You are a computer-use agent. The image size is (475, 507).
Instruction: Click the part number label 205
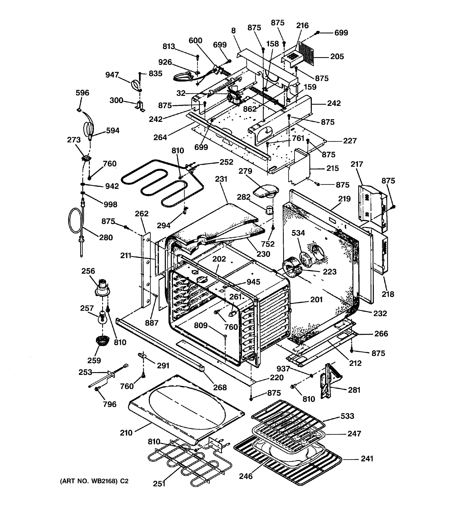tap(337, 56)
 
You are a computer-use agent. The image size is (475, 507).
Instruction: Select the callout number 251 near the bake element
tap(159, 484)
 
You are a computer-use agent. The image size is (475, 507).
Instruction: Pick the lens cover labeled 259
tap(102, 341)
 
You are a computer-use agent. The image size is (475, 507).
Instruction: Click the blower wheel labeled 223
tap(291, 270)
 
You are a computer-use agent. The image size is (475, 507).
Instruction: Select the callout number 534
tap(298, 233)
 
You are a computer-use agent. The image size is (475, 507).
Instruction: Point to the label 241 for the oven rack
tap(367, 459)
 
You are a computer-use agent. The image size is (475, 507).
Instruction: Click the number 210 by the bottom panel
tap(126, 432)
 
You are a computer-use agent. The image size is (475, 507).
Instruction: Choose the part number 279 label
tap(245, 171)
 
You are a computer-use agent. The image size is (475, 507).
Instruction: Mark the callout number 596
tap(82, 93)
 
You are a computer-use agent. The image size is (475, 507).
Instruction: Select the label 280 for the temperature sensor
tap(106, 237)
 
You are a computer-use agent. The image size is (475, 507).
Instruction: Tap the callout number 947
tap(112, 75)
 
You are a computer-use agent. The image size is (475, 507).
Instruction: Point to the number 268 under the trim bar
tap(220, 387)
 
